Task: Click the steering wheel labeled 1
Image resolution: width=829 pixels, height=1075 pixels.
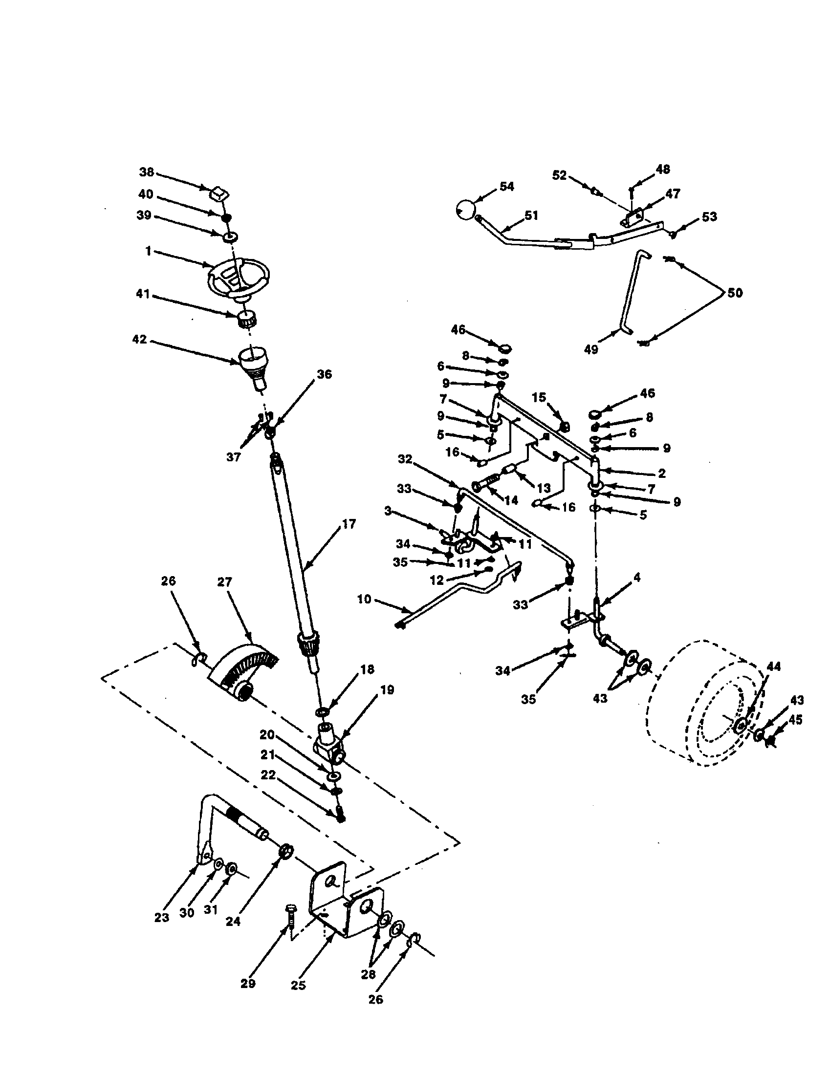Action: pos(239,280)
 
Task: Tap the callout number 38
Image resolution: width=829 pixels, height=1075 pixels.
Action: pos(146,172)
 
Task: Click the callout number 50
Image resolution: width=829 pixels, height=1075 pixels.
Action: pos(735,293)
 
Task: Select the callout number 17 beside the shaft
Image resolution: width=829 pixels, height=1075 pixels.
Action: pos(349,524)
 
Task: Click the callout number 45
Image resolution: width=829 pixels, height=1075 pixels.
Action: pos(795,720)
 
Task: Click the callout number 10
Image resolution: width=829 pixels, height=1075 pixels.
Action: pos(364,600)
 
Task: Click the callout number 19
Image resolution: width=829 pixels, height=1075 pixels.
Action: pos(387,690)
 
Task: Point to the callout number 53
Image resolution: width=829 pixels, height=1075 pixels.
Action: pos(709,216)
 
